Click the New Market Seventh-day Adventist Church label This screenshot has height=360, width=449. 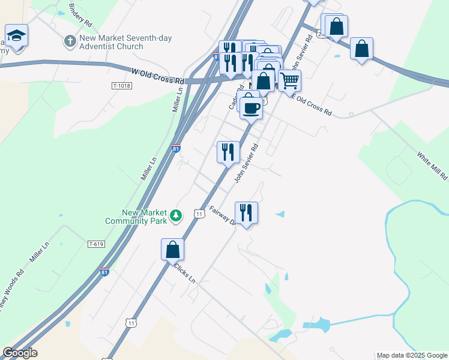[x=119, y=42]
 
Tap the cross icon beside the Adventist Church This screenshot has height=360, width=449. [x=70, y=41]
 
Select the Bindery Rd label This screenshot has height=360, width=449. [x=80, y=16]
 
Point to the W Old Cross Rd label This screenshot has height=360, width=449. [x=158, y=76]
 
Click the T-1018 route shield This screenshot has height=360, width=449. [x=121, y=86]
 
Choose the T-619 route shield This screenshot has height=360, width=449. [x=96, y=244]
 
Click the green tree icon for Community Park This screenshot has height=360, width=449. [x=176, y=215]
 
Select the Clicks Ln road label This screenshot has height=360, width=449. [x=184, y=272]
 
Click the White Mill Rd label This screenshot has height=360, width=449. [x=433, y=166]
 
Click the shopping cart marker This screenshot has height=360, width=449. [x=289, y=80]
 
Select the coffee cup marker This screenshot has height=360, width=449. [x=251, y=108]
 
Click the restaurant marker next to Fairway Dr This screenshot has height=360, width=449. [x=246, y=212]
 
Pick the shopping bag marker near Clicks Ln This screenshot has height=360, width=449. [x=172, y=249]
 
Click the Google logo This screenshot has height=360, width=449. [x=20, y=353]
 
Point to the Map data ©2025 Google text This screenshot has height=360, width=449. [x=412, y=355]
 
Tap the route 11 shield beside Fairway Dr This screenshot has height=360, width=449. [x=199, y=214]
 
